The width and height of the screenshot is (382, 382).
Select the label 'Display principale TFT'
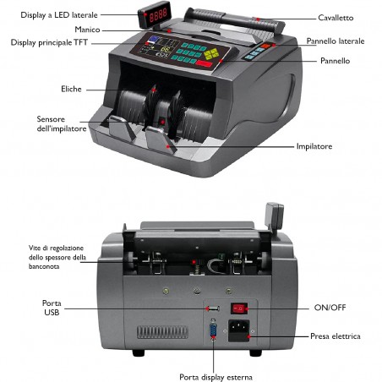49,43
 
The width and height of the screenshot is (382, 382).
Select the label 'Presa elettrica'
334,336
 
